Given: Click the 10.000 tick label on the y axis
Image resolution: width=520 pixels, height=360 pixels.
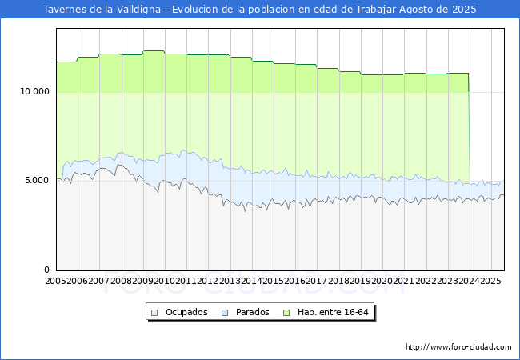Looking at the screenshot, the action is pos(34,91).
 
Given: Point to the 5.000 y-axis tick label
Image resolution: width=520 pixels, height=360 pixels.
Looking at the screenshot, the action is pos(37,181).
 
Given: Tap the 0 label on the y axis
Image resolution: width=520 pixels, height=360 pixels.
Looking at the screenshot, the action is pos(46,270).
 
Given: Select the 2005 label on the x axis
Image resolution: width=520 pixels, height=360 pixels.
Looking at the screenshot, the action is pos(55,281).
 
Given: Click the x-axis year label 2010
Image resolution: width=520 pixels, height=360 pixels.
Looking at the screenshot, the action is pos(164,281).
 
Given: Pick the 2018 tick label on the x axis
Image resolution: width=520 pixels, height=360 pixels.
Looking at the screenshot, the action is pos(338,281).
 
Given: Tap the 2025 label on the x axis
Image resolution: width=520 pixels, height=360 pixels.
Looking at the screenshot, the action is pos(490,281).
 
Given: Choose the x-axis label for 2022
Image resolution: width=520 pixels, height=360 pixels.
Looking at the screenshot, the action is pos(426,281).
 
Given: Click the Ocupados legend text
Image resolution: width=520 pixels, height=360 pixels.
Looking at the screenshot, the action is pos(186,312).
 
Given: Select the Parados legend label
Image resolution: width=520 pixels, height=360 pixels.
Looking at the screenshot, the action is pos(252,312).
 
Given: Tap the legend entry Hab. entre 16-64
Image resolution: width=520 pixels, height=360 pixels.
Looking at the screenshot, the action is pos(333,312).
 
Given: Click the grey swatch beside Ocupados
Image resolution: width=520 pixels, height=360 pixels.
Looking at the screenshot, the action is pos(154,313).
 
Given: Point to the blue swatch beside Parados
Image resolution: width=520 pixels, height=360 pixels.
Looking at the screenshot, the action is pos(225,313).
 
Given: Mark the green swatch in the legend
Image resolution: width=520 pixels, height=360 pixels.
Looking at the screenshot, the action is pos(286,313).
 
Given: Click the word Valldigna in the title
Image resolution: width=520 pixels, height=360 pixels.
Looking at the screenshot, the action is pos(138,10).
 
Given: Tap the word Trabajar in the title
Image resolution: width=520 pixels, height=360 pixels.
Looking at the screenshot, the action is pos(376,10).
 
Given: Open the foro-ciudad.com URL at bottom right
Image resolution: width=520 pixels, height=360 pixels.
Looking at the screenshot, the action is pos(458,347).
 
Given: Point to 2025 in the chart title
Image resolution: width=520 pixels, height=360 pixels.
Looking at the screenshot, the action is pos(464,10).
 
